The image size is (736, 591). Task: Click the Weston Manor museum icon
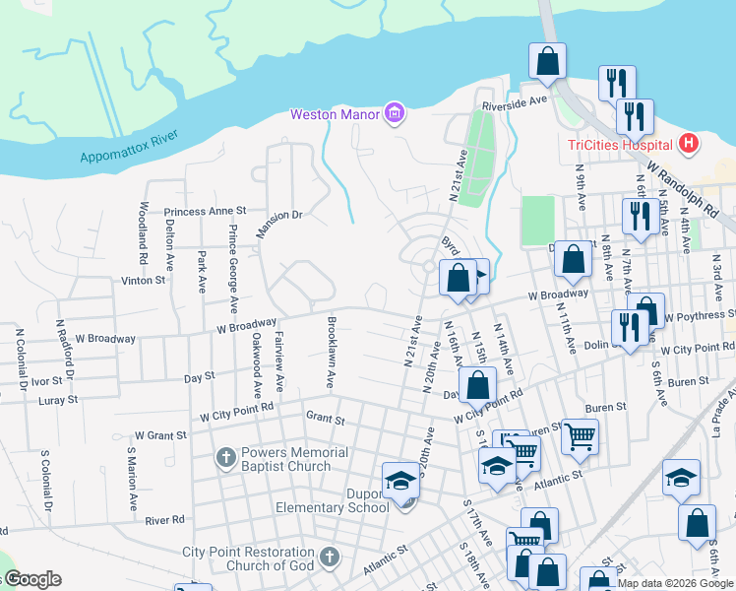tap(395, 114)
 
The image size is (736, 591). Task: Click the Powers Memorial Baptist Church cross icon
tap(226, 458)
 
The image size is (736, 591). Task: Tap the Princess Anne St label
tap(205, 212)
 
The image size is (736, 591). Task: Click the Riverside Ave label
tap(513, 101)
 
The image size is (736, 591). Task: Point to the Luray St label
tap(58, 400)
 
